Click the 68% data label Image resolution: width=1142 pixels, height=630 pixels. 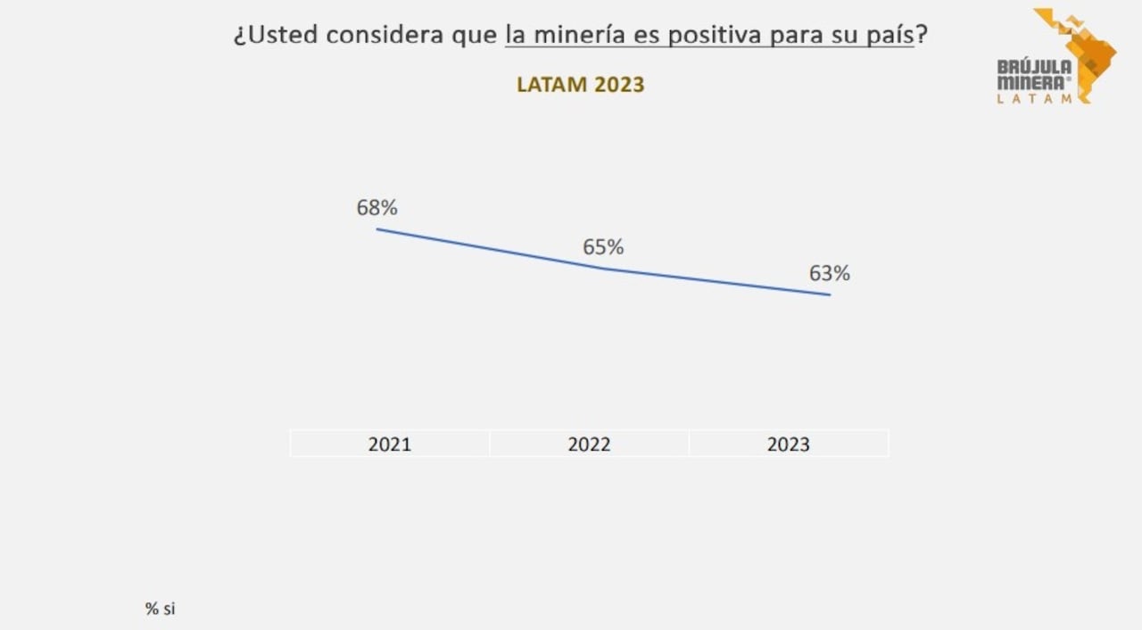point(377,208)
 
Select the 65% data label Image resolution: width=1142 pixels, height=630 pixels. point(603,247)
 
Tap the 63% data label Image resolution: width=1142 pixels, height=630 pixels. point(829,274)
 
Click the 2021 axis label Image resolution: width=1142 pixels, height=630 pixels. point(390,444)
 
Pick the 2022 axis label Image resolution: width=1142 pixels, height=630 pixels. point(589,444)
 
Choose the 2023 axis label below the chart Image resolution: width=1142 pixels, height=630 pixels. point(789,444)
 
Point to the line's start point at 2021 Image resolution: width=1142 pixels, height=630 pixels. point(377,229)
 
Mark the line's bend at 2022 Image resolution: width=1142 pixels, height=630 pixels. point(604,268)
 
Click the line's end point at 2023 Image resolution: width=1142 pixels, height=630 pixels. point(830,294)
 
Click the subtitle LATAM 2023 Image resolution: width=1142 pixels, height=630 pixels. point(580,85)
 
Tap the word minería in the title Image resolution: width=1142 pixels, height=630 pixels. point(585,35)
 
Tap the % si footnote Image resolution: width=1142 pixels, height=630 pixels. point(161,609)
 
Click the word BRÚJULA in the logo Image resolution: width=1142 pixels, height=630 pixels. point(1034,67)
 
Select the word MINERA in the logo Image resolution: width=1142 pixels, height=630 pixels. point(1031,83)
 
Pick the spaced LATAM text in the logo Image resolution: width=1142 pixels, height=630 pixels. point(1035,99)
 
